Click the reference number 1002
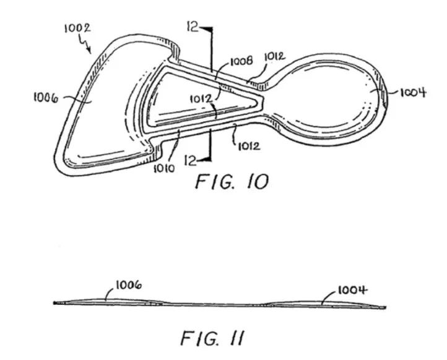tap(78, 27)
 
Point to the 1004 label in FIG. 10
tap(412, 93)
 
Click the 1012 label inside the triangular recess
tap(202, 98)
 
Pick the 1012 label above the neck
tap(275, 57)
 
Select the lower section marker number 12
tap(191, 160)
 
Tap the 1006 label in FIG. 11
tap(128, 285)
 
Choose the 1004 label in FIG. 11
tap(352, 290)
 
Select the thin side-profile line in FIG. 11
tap(217, 304)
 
